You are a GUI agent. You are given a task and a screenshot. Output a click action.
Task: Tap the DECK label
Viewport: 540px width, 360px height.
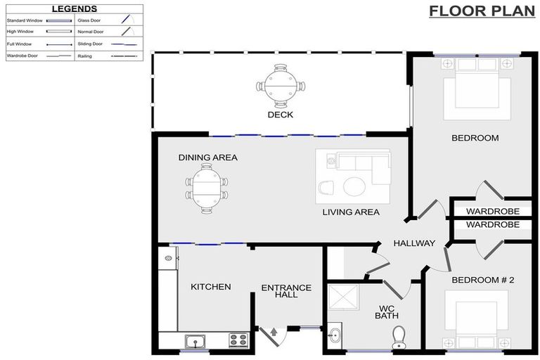[x=280, y=115]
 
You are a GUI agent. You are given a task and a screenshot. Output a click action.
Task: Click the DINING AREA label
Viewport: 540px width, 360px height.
[x=207, y=157]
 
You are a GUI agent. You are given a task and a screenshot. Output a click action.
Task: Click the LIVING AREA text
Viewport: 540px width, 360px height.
[x=351, y=212]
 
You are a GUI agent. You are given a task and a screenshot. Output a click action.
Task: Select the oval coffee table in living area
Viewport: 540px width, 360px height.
[x=353, y=186]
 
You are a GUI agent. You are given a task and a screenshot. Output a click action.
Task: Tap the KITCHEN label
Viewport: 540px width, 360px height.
[x=211, y=287]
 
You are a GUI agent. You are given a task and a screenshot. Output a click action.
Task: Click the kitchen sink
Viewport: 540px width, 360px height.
[x=193, y=342]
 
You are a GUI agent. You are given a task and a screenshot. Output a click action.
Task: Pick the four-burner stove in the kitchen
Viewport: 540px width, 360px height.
[x=238, y=341]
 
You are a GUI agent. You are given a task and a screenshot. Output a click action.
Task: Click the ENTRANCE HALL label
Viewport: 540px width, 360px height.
[x=286, y=291]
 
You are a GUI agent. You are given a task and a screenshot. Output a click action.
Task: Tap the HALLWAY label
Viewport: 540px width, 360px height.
[x=414, y=243]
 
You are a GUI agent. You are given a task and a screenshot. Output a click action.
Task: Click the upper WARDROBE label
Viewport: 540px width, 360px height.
[x=493, y=211]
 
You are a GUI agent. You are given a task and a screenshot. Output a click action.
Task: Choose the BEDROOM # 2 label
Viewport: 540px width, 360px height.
[x=483, y=280]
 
